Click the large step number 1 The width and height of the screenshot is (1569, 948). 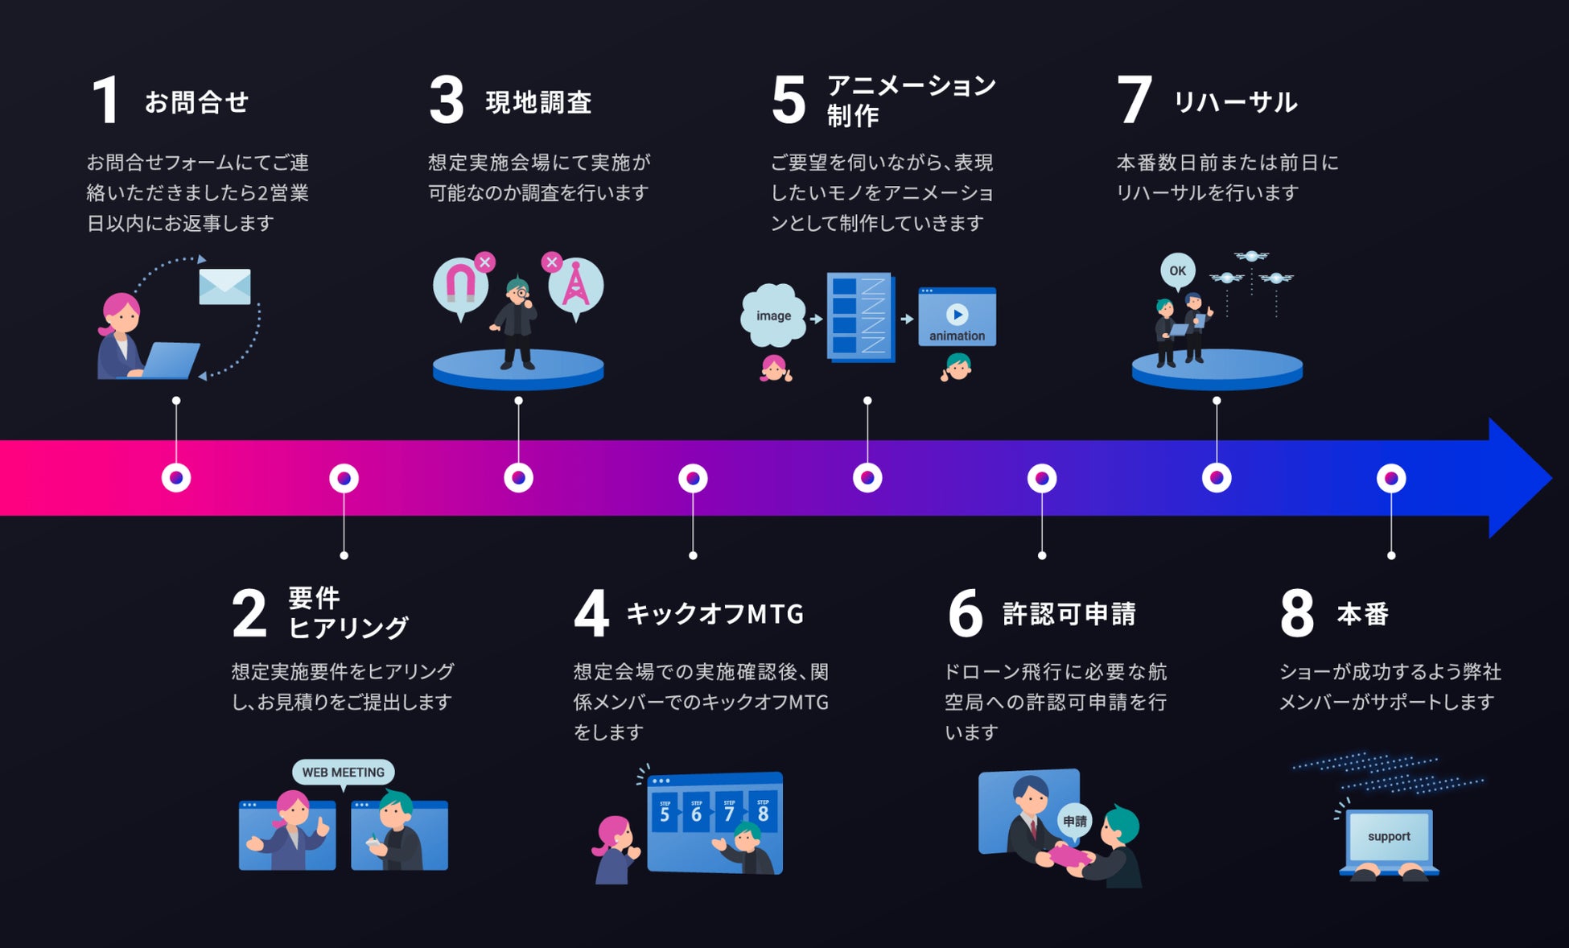tap(106, 101)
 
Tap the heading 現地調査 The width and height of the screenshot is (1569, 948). tap(538, 102)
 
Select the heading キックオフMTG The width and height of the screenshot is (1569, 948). tap(714, 614)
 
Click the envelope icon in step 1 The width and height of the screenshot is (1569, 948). tap(224, 286)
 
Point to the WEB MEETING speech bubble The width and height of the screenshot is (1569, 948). tap(343, 772)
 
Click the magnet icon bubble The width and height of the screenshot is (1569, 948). tap(460, 285)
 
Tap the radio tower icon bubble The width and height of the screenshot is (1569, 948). tap(575, 284)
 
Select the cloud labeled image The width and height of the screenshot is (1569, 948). tap(772, 315)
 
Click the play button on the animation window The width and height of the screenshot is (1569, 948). tap(957, 314)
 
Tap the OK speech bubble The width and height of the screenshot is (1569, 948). tap(1177, 270)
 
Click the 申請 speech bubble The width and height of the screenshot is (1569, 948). tap(1074, 821)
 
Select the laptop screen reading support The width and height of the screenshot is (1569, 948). tap(1389, 837)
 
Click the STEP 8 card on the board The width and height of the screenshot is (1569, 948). tap(763, 813)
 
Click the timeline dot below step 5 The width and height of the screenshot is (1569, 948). tap(867, 478)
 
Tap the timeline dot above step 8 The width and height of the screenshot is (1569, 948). tap(1391, 478)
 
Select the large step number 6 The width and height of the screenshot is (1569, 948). tap(965, 613)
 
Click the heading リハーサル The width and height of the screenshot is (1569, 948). tap(1235, 102)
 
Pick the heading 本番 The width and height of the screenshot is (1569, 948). tap(1362, 614)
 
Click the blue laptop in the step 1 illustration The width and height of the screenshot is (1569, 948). tap(167, 361)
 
